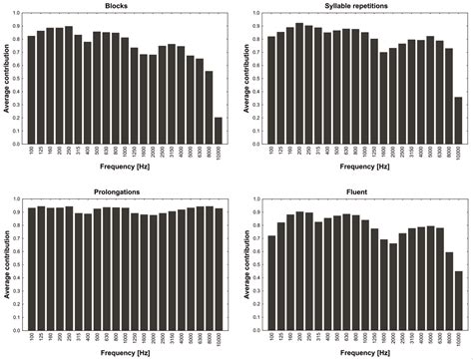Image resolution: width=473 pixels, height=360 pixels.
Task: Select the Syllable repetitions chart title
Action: point(363,6)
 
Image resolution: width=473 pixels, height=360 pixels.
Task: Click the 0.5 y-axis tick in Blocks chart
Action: point(17,81)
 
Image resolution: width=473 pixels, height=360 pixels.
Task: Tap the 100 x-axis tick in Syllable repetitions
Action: point(271,152)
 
